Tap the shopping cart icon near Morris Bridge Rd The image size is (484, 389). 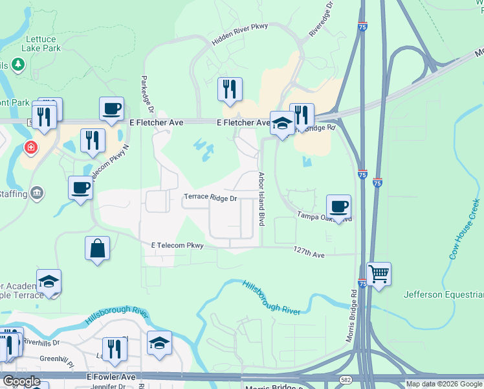[x=379, y=274]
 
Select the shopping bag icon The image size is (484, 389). [x=97, y=248]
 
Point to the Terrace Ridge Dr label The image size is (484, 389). [x=211, y=198]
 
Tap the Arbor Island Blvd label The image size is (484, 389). [x=263, y=199]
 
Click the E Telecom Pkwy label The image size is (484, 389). [x=177, y=246]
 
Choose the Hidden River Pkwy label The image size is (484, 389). [x=239, y=40]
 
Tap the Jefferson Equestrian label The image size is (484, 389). [x=443, y=294]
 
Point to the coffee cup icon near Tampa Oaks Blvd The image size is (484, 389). [x=339, y=207]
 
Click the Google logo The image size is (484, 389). [x=21, y=381]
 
